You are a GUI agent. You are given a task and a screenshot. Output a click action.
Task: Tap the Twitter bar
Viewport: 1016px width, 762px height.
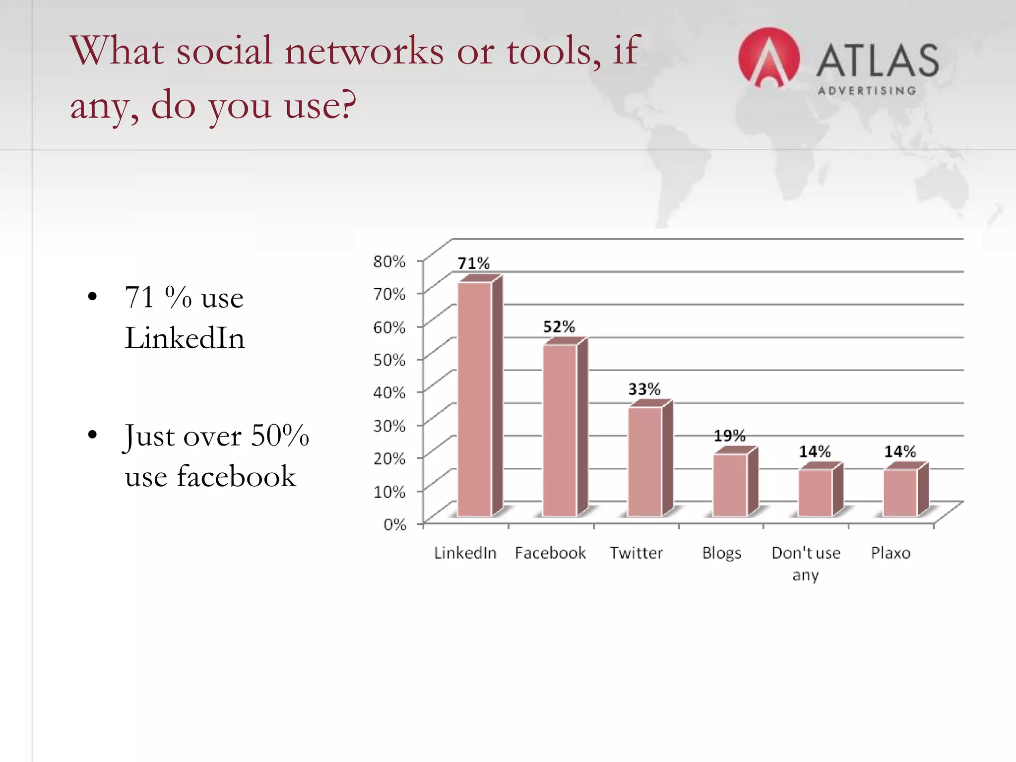pyautogui.click(x=645, y=461)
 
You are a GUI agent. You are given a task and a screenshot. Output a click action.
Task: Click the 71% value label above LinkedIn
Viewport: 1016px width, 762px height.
pyautogui.click(x=473, y=263)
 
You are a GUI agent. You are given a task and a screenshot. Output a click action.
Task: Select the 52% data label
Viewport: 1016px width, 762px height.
pyautogui.click(x=559, y=326)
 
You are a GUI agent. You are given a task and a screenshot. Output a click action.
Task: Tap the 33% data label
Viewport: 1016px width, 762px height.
pyautogui.click(x=644, y=389)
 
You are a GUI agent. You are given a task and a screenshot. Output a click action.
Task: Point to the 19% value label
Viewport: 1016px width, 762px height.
pyautogui.click(x=729, y=436)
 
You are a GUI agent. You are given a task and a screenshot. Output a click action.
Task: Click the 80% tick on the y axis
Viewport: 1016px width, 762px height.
pyautogui.click(x=389, y=261)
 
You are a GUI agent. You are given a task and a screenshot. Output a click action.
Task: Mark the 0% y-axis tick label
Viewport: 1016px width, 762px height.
pyautogui.click(x=395, y=524)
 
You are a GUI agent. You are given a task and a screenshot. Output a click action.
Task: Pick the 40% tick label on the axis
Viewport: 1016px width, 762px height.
pyautogui.click(x=389, y=392)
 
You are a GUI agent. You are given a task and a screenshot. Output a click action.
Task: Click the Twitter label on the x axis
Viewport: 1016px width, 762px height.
pyautogui.click(x=636, y=553)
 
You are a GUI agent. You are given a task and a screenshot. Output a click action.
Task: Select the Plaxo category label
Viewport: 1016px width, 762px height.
pyautogui.click(x=890, y=553)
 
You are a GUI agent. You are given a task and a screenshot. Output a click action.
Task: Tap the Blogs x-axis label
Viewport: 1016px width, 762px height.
pyautogui.click(x=721, y=553)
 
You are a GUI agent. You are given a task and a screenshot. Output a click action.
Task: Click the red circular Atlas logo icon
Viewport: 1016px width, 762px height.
pyautogui.click(x=768, y=58)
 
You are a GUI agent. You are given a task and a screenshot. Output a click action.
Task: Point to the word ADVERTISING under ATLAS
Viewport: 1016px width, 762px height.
pyautogui.click(x=867, y=91)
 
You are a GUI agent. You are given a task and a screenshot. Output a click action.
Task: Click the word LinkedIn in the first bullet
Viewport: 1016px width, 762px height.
pyautogui.click(x=185, y=338)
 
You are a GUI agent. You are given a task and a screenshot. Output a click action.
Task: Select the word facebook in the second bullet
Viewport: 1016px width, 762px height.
pyautogui.click(x=236, y=476)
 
